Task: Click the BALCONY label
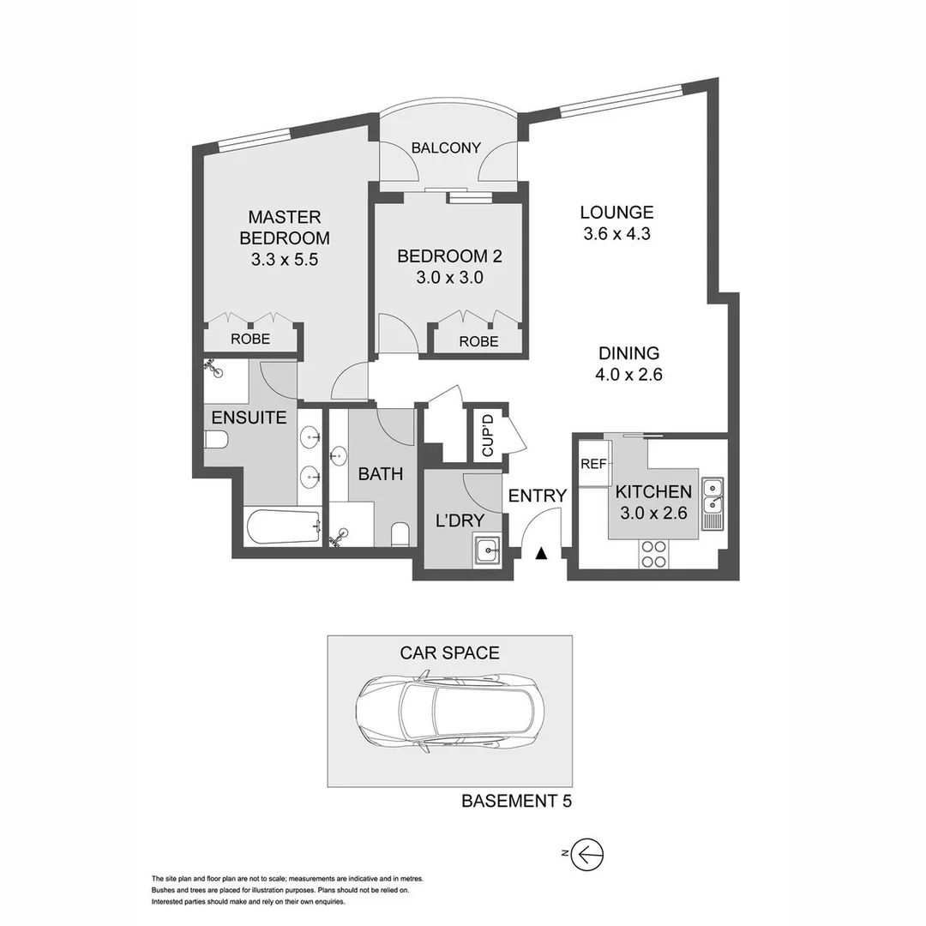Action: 446,147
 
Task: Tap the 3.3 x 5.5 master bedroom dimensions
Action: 285,260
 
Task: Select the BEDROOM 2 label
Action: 449,256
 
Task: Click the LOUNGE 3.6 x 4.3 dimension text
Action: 616,233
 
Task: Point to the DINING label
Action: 628,352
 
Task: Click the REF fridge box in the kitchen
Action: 593,464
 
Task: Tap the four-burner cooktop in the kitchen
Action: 654,554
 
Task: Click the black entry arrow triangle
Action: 541,554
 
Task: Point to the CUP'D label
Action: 487,436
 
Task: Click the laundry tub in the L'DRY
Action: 487,548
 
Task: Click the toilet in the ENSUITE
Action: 215,441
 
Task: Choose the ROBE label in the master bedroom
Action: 250,339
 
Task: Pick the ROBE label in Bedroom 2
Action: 478,340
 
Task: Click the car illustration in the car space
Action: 449,711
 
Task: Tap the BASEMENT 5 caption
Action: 516,802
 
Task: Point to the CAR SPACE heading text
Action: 449,652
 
